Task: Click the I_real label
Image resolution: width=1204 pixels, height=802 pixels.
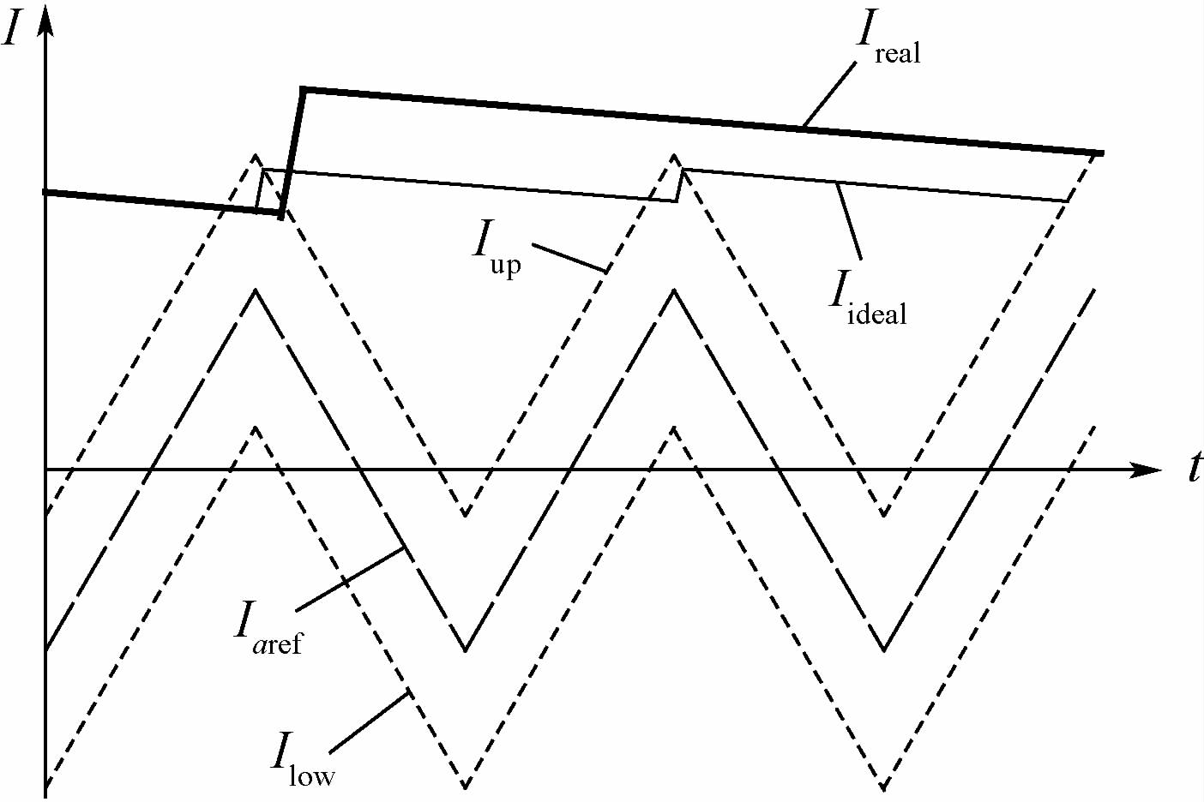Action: pyautogui.click(x=888, y=39)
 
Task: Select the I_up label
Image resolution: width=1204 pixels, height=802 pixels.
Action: pyautogui.click(x=497, y=248)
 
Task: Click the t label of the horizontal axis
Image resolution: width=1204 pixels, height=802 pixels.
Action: pyautogui.click(x=1194, y=468)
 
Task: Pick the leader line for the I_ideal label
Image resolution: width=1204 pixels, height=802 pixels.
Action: pyautogui.click(x=850, y=220)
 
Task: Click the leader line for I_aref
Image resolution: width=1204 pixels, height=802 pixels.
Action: pyautogui.click(x=350, y=579)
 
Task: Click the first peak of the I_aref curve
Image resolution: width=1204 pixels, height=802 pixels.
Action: pyautogui.click(x=255, y=290)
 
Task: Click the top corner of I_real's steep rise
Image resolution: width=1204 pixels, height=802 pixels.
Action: pyautogui.click(x=303, y=89)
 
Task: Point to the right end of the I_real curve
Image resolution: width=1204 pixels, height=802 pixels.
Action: pyautogui.click(x=1100, y=153)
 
